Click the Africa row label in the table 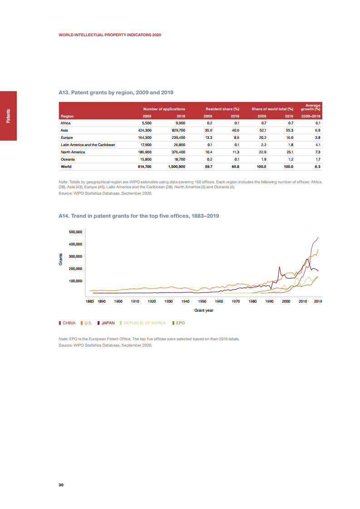65,123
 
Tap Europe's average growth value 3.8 318,137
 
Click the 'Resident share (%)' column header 222,109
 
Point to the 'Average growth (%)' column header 311,108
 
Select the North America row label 73,152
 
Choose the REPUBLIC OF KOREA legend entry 144,323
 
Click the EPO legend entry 180,323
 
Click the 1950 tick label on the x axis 202,301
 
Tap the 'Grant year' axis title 204,310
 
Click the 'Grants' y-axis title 60,260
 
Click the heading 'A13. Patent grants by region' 116,93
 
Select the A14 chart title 139,216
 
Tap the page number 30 61,485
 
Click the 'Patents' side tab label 9,116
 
